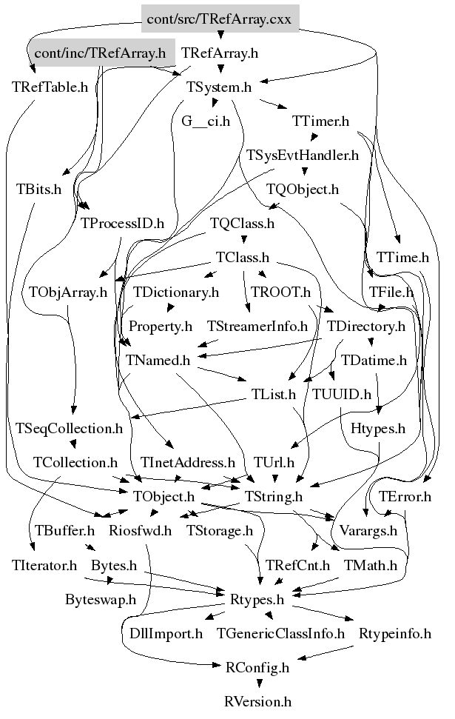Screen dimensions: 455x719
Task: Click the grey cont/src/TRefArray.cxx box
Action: (220, 19)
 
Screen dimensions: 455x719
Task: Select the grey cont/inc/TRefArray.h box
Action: (101, 53)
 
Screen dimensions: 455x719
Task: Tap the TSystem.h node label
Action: (219, 87)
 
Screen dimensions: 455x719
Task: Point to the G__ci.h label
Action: (206, 121)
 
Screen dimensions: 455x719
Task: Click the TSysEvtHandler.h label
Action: (303, 155)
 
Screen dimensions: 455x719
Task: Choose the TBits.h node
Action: (39, 189)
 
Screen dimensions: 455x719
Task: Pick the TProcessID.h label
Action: (122, 224)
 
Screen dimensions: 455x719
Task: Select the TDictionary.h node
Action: (176, 292)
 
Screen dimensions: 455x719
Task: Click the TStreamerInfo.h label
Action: (257, 326)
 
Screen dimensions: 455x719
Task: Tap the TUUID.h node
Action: (342, 395)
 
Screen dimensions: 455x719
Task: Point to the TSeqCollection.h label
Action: (70, 428)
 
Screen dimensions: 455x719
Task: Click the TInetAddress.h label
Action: (188, 462)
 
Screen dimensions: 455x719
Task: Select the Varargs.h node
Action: (368, 530)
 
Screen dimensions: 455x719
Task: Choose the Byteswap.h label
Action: (101, 599)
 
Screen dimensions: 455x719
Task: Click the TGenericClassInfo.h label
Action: (280, 633)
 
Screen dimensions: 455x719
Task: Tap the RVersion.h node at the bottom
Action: (258, 701)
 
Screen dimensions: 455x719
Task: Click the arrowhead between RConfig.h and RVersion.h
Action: (260, 683)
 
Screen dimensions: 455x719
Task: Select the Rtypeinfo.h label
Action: (395, 633)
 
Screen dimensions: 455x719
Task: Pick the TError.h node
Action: (405, 497)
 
